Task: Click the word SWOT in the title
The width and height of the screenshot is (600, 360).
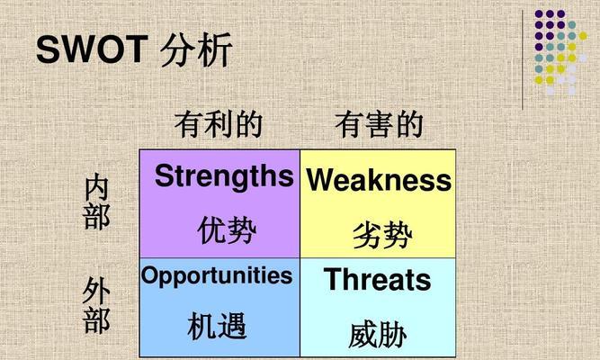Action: coord(92,49)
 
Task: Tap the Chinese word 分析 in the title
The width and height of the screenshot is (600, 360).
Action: coord(196,49)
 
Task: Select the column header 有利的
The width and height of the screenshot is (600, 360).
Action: coord(219,124)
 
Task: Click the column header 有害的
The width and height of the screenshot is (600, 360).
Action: coord(380,124)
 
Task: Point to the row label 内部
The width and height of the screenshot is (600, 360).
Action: coord(96,202)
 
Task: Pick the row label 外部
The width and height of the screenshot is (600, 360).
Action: coord(96,305)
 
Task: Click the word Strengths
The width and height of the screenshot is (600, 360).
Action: coord(224,176)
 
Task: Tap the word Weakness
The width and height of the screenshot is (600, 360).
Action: coord(379,180)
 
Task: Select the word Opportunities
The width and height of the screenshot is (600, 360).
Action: coord(217,275)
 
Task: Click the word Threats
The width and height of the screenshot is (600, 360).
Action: coord(377,279)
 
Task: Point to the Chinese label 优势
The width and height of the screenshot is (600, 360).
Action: coord(227,229)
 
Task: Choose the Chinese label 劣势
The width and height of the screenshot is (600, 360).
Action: coord(382,234)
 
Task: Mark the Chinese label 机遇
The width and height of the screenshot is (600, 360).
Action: coord(217,326)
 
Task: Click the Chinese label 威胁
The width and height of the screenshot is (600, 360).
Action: coord(377,334)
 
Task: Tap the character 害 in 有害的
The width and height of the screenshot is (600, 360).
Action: coord(380,124)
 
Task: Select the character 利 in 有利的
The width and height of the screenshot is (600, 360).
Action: coord(219,124)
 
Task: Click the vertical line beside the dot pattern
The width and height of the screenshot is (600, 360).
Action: coord(523,59)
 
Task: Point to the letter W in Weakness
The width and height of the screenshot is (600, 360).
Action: coord(323,180)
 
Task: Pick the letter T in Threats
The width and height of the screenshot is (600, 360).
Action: coord(334,279)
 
